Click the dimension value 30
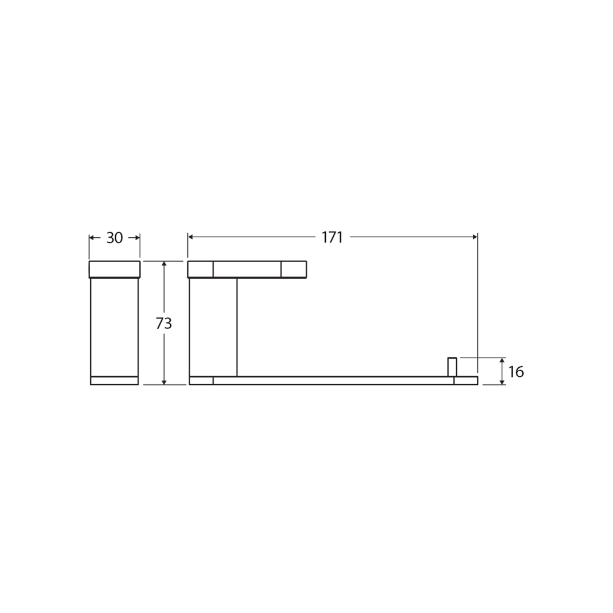pyautogui.click(x=115, y=238)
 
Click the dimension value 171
pyautogui.click(x=332, y=237)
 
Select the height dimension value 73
pyautogui.click(x=163, y=324)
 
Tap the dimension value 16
pyautogui.click(x=516, y=372)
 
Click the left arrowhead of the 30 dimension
pyautogui.click(x=91, y=238)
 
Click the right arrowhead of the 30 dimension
pyautogui.click(x=137, y=238)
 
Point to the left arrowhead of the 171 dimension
pyautogui.click(x=191, y=237)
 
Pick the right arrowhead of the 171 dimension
pyautogui.click(x=475, y=237)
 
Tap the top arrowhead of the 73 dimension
pyautogui.click(x=164, y=264)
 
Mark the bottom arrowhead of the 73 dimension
pyautogui.click(x=164, y=383)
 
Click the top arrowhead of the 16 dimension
pyautogui.click(x=502, y=360)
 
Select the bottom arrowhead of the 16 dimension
pyautogui.click(x=502, y=383)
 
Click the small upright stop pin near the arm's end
pyautogui.click(x=452, y=367)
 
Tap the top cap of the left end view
pyautogui.click(x=114, y=269)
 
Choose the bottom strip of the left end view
pyautogui.click(x=114, y=380)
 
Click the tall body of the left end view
pyautogui.click(x=114, y=327)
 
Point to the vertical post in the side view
pyautogui.click(x=213, y=327)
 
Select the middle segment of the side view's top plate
pyautogui.click(x=247, y=269)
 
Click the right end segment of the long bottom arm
pyautogui.click(x=465, y=380)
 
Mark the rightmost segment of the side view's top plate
pyautogui.click(x=293, y=269)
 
